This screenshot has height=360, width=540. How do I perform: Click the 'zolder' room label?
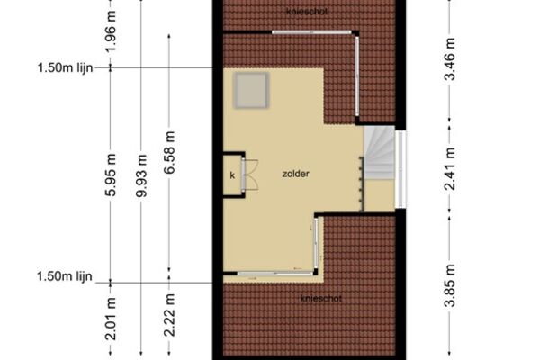[295, 174]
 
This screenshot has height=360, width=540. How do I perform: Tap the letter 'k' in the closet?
[232, 175]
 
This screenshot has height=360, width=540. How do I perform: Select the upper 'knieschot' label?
[307, 12]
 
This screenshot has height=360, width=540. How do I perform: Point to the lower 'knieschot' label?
[321, 298]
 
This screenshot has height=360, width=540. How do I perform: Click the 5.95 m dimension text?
[111, 175]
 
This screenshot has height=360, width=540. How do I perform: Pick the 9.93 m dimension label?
[141, 175]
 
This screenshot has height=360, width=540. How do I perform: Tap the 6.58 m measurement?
[169, 152]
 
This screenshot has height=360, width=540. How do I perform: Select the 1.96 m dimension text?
[111, 31]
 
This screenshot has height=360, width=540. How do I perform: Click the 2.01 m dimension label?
[111, 319]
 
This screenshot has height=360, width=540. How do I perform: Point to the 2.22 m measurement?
[169, 315]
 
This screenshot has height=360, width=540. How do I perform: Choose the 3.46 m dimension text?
[449, 58]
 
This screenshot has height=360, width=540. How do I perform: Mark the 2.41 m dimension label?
[449, 169]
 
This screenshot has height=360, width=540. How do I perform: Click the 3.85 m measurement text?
[449, 285]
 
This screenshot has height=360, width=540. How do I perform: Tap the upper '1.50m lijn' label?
[65, 67]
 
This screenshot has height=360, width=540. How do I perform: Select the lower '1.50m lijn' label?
[65, 276]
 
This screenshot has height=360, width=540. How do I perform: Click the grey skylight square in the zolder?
[251, 91]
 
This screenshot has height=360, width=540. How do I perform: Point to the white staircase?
[380, 152]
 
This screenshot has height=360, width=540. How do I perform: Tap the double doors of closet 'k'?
[249, 174]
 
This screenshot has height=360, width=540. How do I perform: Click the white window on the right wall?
[400, 169]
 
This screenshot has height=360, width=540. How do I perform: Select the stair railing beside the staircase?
[362, 184]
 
